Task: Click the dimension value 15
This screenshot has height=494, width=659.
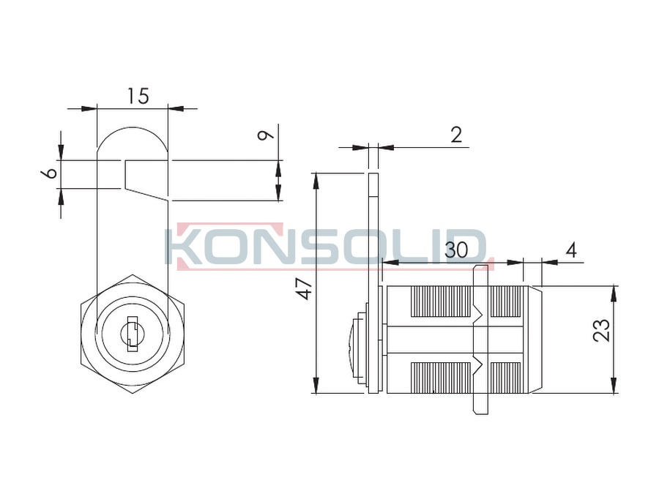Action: click(x=138, y=96)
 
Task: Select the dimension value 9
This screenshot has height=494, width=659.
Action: click(x=265, y=135)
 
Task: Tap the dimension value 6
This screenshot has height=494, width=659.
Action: click(x=50, y=173)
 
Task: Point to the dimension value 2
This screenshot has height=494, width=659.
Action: click(x=456, y=135)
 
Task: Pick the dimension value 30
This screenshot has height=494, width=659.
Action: click(x=455, y=250)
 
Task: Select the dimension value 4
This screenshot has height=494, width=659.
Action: click(x=571, y=251)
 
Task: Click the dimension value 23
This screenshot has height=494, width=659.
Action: click(x=601, y=331)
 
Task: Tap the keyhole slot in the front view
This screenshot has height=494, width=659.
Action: click(x=132, y=334)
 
